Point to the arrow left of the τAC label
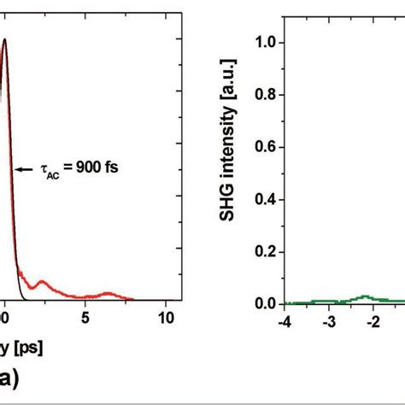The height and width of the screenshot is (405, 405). coord(24,168)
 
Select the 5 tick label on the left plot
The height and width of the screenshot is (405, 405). coord(85,317)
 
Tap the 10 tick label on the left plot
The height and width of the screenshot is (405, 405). coord(167,317)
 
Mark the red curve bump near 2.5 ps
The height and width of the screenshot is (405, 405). coord(43,283)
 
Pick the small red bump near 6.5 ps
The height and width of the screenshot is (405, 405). coord(108,293)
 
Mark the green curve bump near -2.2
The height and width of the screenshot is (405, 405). coord(365,296)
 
